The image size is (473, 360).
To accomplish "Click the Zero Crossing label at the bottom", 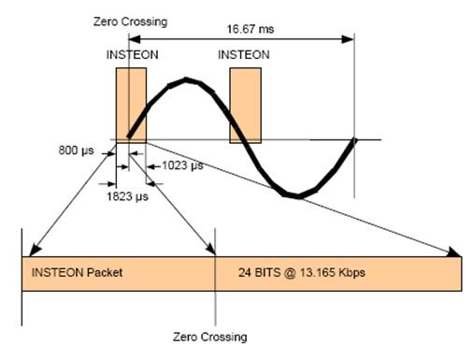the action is pos(211,336).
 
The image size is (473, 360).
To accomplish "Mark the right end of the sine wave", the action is pos(354,140).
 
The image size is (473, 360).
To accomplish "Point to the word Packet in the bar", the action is pos(105,273).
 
